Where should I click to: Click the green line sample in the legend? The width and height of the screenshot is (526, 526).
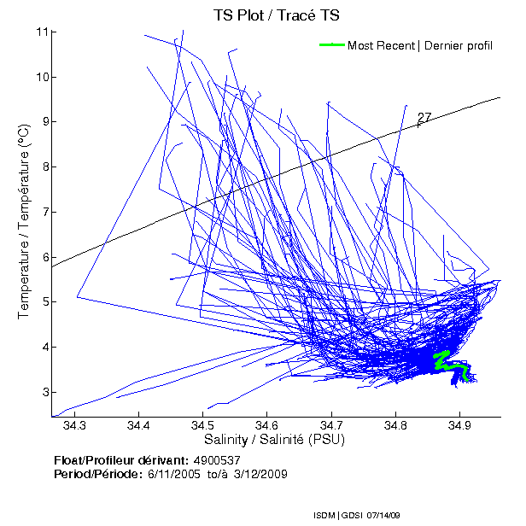coord(331,45)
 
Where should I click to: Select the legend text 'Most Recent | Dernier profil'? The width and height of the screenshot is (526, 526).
coord(419,45)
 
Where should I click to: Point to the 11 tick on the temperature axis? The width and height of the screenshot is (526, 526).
coord(41,32)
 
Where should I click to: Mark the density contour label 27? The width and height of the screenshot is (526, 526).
coord(424,118)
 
